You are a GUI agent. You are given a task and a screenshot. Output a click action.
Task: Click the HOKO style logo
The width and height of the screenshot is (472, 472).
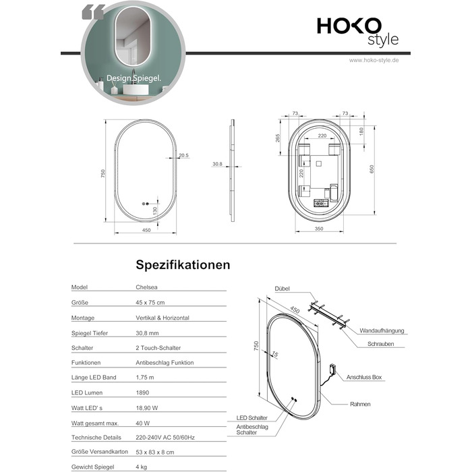[x=358, y=32]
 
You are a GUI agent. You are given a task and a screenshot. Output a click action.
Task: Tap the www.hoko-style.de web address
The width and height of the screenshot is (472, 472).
[x=374, y=60]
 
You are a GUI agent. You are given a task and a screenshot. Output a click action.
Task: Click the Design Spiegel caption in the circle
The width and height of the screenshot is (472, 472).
[x=134, y=78]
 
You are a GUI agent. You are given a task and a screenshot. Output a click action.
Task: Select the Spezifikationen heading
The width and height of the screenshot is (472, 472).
[x=183, y=265]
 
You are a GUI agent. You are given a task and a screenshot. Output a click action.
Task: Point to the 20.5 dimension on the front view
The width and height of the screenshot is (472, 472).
[x=183, y=155]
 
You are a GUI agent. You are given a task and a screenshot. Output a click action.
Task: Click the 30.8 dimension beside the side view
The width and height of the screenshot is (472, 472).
[x=217, y=164]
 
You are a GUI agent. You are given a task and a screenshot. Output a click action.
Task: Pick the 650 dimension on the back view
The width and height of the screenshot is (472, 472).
[x=372, y=169]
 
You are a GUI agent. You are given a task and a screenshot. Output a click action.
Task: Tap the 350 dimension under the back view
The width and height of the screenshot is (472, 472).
[x=319, y=229]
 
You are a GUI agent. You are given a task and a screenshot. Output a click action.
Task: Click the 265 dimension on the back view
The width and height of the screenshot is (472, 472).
[x=278, y=138]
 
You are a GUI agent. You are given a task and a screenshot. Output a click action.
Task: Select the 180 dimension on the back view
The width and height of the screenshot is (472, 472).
[x=361, y=131]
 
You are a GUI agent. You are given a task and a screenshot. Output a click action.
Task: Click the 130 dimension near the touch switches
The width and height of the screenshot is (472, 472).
[x=155, y=210]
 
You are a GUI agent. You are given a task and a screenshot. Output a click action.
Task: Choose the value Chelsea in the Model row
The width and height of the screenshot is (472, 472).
[x=146, y=287]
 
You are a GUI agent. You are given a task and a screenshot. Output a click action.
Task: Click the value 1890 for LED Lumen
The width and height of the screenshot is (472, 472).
[x=142, y=392]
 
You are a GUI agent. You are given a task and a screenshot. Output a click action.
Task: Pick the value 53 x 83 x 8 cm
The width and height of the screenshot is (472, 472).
[x=155, y=452]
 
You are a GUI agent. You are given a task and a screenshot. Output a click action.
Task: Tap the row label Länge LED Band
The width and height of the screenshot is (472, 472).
[x=94, y=378]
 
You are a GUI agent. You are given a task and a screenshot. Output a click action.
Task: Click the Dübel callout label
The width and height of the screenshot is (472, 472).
[x=282, y=289]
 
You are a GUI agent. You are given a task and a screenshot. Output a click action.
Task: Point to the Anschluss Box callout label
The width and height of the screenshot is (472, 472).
[x=364, y=377]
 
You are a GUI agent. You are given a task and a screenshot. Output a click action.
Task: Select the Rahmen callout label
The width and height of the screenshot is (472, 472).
[x=360, y=405]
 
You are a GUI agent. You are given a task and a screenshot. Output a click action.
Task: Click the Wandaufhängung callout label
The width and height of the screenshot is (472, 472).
[x=382, y=331]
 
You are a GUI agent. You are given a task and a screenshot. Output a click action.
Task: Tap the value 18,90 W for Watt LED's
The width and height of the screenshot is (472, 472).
[x=147, y=408]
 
